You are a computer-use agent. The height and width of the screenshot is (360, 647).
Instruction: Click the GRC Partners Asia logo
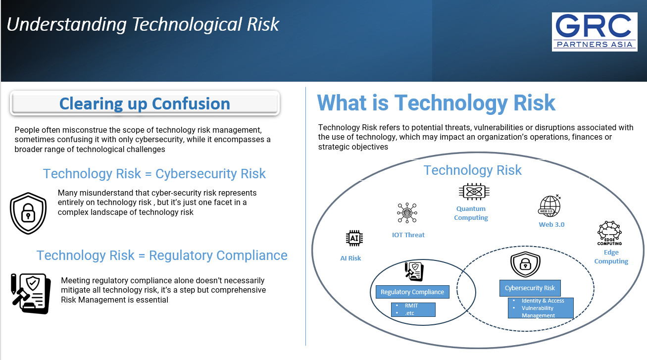click(595, 32)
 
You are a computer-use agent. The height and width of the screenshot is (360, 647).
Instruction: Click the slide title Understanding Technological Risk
click(143, 25)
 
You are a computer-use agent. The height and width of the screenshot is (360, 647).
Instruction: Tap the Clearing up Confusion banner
click(145, 103)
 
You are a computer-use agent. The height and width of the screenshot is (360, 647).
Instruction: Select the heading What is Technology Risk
click(436, 103)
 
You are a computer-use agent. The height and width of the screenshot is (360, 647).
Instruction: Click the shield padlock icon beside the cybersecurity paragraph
click(28, 213)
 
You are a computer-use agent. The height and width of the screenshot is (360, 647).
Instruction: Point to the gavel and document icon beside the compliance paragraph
click(31, 294)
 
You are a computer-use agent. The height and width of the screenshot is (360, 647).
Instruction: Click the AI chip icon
click(354, 238)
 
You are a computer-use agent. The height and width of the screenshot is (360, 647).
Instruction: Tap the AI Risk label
click(350, 258)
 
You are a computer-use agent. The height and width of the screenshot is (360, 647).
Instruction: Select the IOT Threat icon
click(407, 213)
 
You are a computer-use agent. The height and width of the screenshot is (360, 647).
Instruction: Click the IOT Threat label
click(408, 235)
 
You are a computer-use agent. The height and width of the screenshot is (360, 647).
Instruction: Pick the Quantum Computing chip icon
click(474, 192)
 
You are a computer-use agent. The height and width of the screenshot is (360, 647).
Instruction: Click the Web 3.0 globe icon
click(549, 206)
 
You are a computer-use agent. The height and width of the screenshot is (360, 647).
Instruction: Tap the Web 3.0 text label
click(551, 224)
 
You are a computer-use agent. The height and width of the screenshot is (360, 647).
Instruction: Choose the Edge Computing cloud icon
click(609, 233)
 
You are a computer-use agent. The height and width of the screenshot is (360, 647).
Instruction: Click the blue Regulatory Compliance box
click(412, 292)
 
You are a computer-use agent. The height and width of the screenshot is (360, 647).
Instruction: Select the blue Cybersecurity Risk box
click(530, 288)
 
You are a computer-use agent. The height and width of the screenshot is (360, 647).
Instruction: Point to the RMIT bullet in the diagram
click(411, 306)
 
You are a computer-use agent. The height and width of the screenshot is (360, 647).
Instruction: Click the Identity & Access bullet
click(543, 301)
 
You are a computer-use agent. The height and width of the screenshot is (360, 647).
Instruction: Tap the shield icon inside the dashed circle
click(525, 264)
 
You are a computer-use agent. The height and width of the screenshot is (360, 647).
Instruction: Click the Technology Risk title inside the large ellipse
click(473, 170)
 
